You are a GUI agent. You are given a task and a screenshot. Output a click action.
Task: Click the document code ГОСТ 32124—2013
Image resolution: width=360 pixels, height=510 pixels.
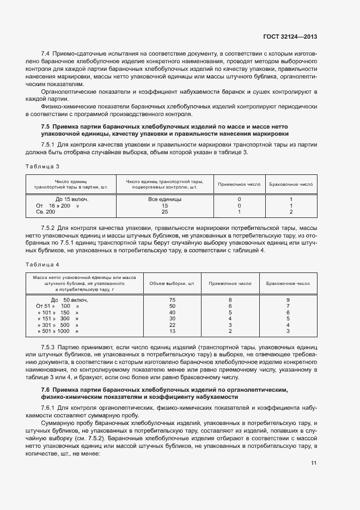[290, 37]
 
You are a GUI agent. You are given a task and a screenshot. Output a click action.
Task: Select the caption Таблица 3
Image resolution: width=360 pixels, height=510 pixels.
[41, 166]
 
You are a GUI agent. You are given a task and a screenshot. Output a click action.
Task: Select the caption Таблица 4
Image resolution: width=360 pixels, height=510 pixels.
[41, 264]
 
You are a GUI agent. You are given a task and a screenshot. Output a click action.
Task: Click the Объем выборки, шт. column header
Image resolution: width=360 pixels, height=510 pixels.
[172, 283]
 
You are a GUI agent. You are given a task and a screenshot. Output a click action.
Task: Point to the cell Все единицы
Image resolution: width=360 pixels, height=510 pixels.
[165, 199]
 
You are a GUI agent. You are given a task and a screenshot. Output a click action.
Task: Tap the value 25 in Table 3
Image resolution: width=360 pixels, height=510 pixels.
[165, 211]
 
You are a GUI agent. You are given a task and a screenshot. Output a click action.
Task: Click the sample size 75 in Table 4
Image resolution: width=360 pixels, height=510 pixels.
[172, 300]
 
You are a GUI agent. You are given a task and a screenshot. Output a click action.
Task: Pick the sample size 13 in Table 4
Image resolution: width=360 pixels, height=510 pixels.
[172, 331]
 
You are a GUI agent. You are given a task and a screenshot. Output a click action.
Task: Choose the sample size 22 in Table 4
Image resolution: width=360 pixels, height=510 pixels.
[172, 325]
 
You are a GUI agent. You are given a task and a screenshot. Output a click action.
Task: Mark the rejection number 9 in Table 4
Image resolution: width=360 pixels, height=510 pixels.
[288, 300]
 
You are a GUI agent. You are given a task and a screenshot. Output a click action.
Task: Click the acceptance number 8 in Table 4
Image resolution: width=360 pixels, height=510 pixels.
[230, 300]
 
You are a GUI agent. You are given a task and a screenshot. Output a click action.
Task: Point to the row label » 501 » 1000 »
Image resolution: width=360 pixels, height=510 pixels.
[58, 331]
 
